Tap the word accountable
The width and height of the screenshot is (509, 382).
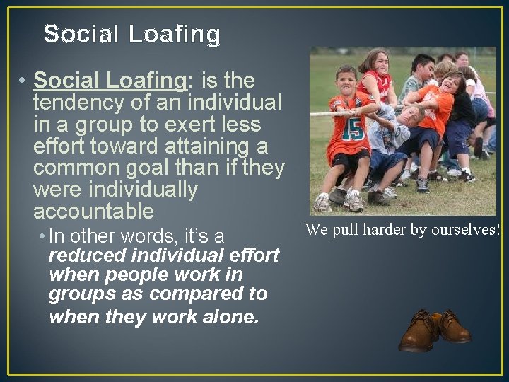pos(93,212)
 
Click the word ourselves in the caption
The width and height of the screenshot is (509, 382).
pos(467,230)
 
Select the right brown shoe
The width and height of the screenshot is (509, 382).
pos(453,326)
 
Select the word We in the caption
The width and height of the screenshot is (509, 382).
pos(315,230)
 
